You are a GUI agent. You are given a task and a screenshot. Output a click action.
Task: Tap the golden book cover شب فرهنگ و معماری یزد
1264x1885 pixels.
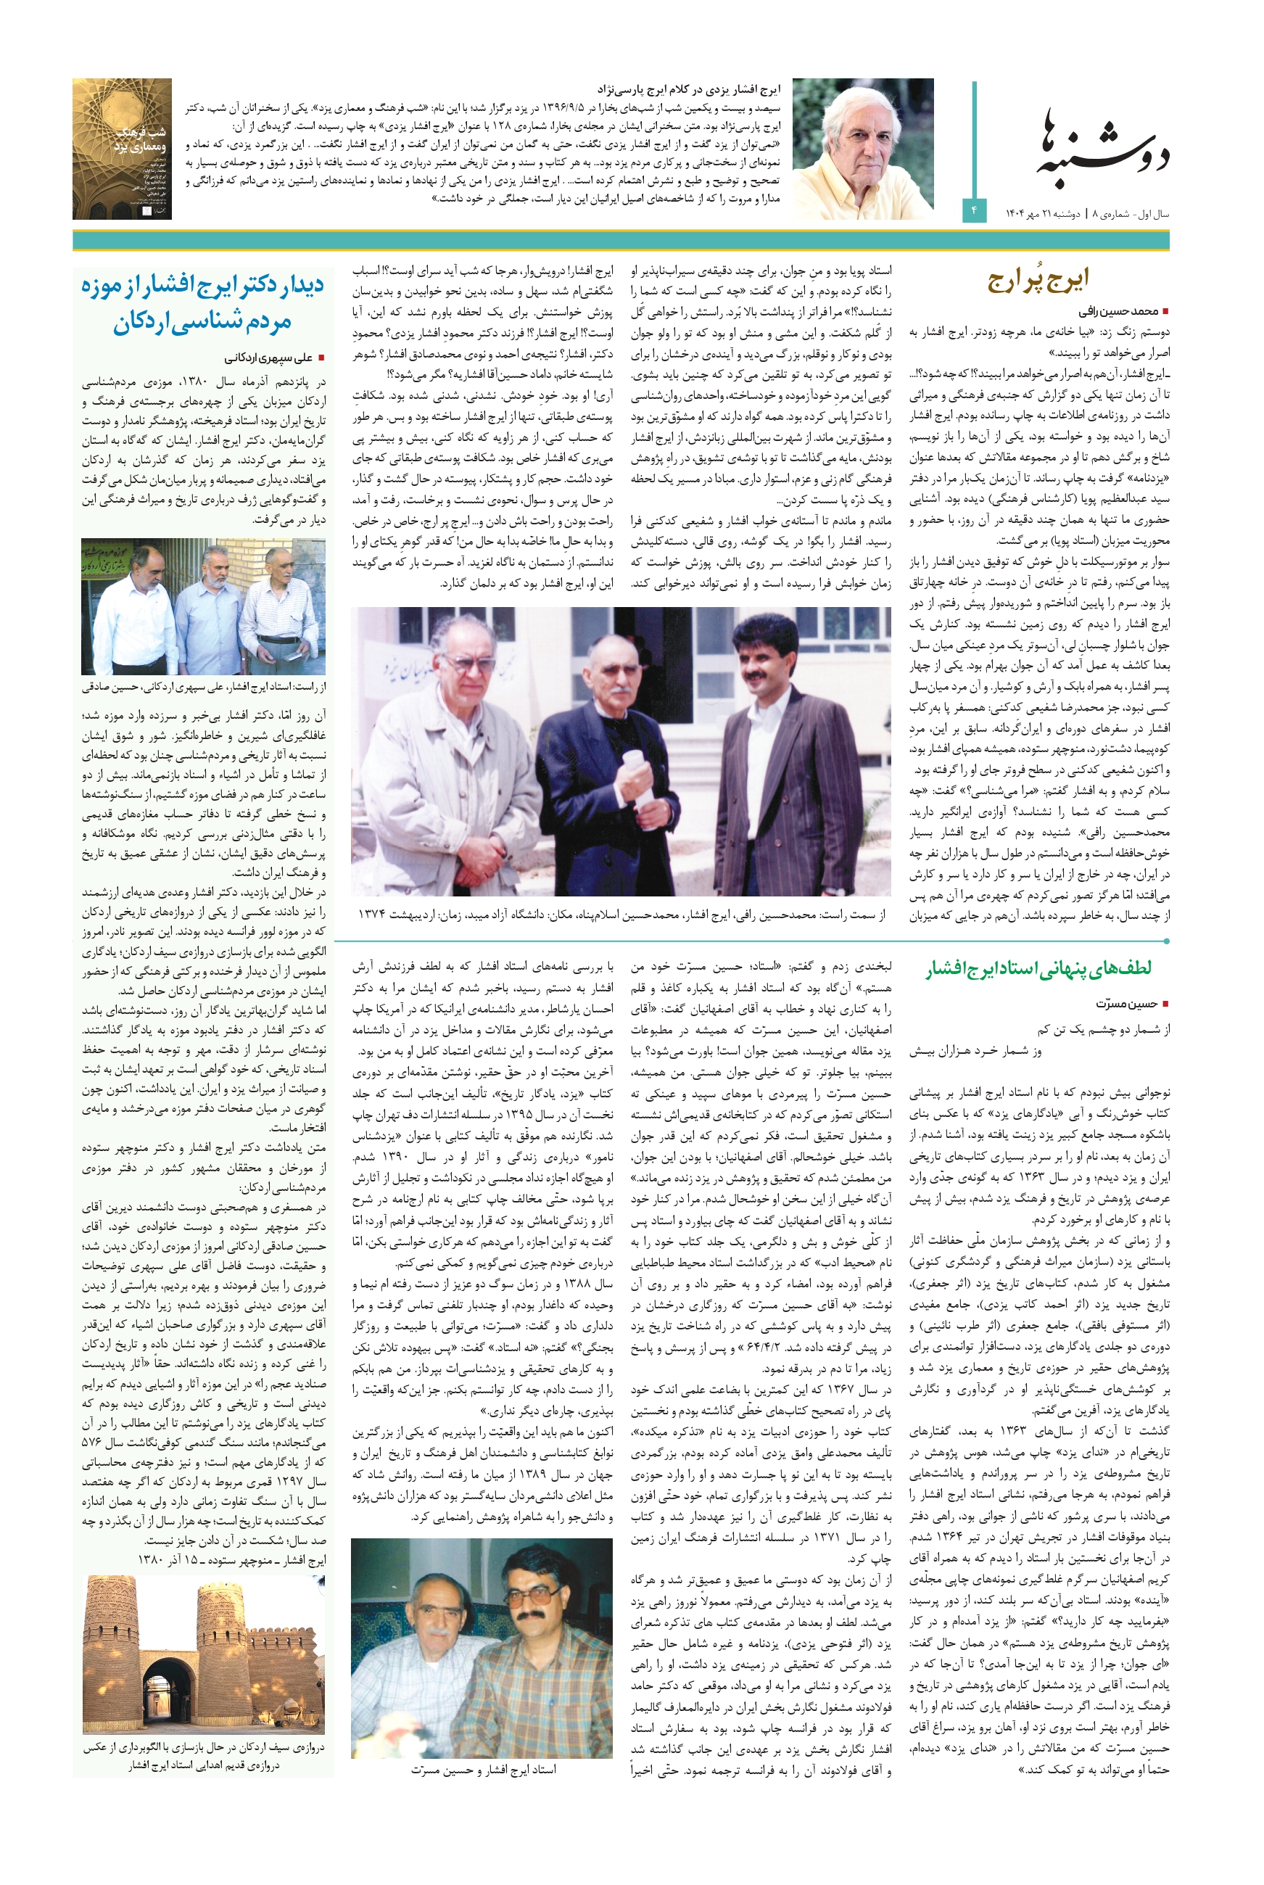[x=122, y=149]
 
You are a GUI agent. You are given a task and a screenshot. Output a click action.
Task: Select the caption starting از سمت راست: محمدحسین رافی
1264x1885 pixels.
[x=621, y=915]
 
